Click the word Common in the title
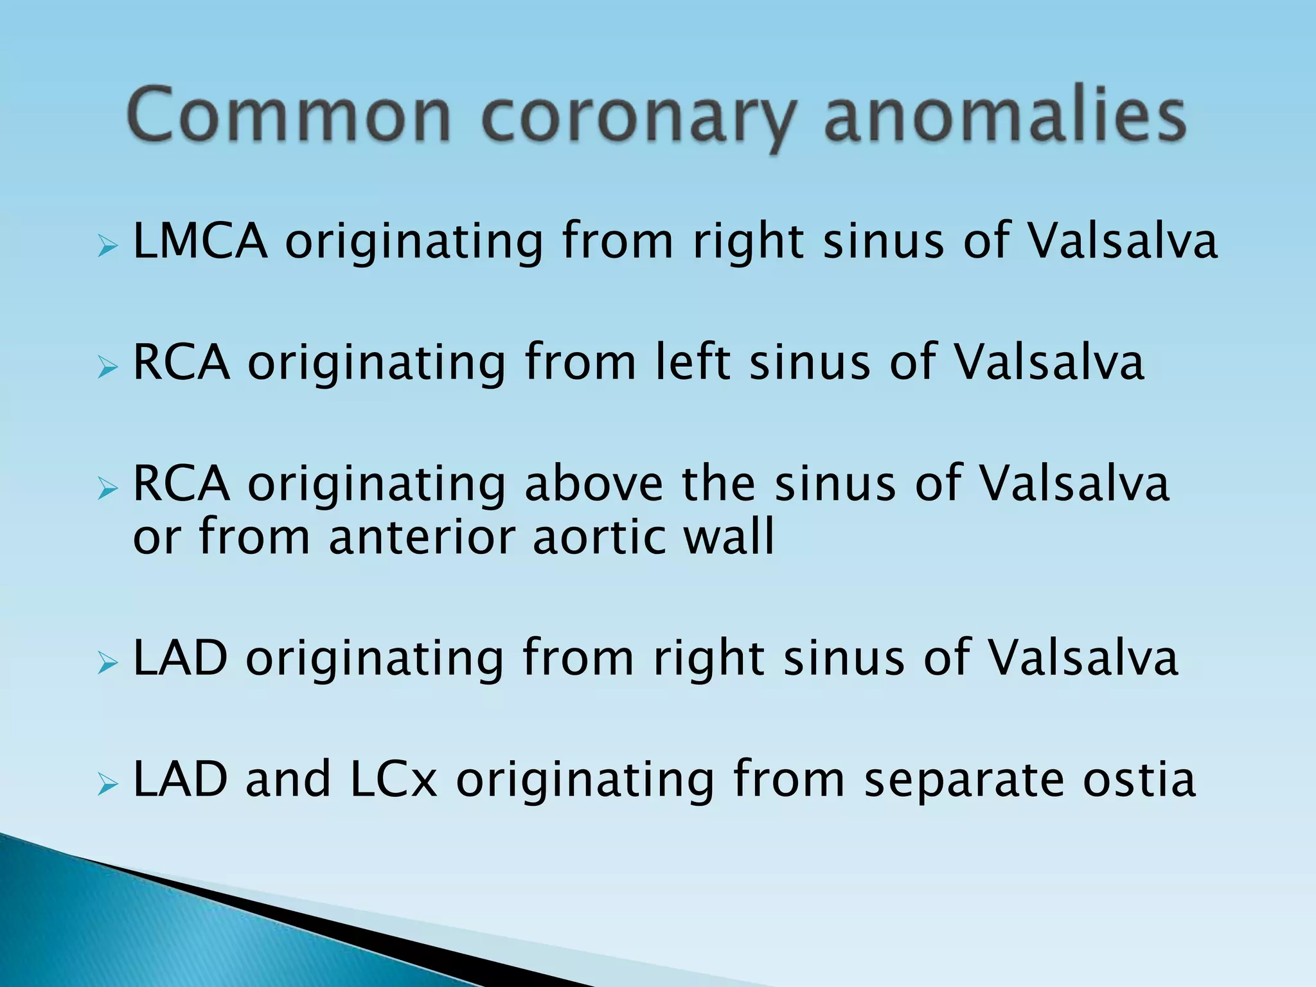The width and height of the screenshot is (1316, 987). point(289,116)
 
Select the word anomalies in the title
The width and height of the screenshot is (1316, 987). point(1004,116)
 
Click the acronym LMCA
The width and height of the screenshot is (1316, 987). point(200,240)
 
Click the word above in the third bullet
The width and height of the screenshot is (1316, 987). point(594,483)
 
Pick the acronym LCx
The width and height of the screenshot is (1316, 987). point(394,779)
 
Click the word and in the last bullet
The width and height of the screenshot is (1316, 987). point(288,779)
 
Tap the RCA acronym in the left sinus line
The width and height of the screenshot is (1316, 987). point(181,362)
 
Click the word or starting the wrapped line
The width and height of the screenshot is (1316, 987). point(156,538)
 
